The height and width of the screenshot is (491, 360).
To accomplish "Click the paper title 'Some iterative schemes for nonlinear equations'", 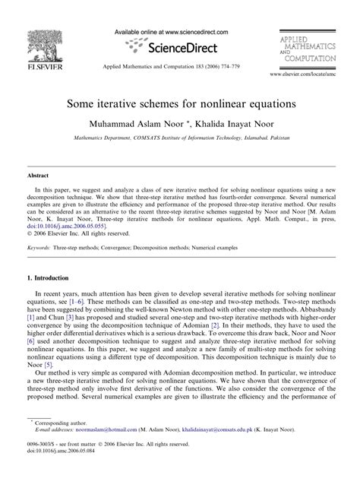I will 180,102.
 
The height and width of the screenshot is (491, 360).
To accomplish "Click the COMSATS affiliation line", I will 180,138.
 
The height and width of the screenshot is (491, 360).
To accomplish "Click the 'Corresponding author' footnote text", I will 59,442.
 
